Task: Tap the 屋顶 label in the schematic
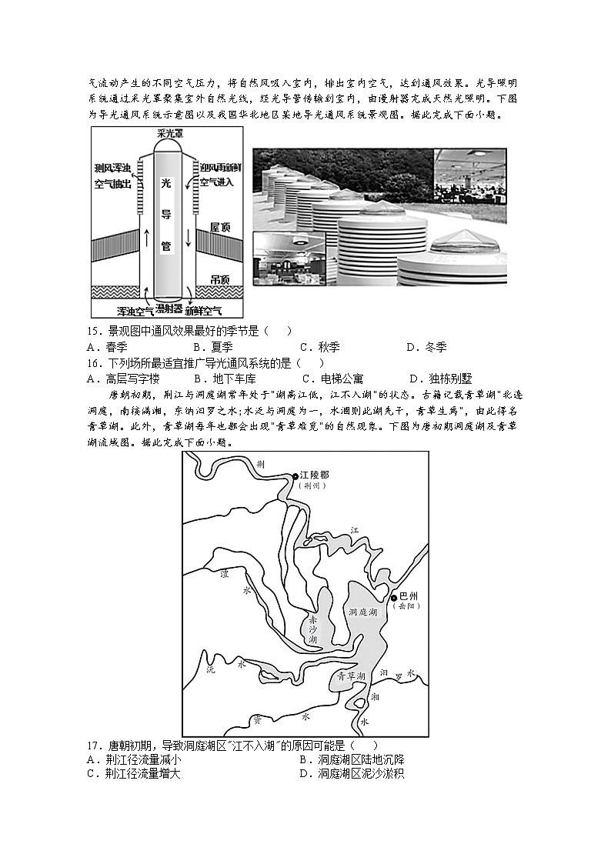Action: point(221,228)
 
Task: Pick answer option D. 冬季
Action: point(426,347)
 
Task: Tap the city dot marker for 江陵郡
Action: point(295,477)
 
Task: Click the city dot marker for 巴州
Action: point(393,597)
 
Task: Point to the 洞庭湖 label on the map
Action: point(362,612)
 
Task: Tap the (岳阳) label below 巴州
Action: point(406,607)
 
